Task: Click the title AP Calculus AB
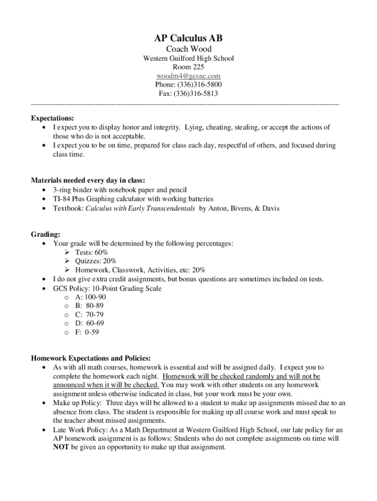click(x=188, y=38)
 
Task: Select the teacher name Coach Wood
click(x=188, y=49)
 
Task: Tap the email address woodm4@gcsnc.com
click(x=188, y=76)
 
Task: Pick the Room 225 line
click(x=188, y=67)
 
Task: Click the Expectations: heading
click(x=53, y=118)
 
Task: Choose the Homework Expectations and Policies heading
click(x=91, y=358)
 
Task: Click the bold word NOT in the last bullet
click(x=61, y=447)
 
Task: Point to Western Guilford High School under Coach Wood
click(x=188, y=58)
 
